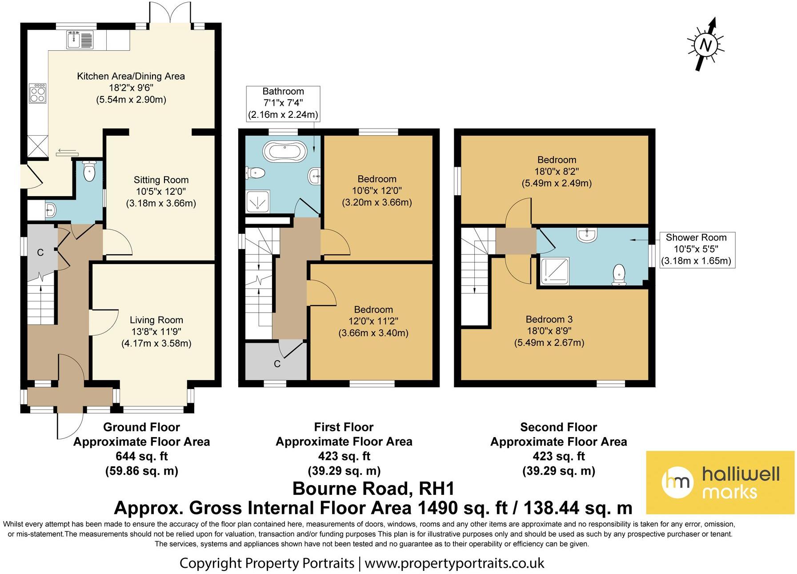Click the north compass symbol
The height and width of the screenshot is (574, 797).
point(706,44)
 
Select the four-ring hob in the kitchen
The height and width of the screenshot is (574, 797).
point(38,93)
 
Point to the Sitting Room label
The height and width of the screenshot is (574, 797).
point(161,180)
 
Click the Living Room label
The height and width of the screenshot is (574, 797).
point(156,320)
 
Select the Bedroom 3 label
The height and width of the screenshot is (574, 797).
point(549,319)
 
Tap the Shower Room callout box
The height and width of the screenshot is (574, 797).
point(696,249)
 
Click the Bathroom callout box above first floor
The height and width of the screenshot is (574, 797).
point(283,103)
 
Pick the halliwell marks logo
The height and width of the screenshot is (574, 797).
point(720,482)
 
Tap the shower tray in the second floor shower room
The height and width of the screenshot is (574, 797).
point(554,271)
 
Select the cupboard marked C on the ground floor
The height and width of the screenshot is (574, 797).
point(40,253)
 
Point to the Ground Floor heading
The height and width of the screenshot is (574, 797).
point(141,427)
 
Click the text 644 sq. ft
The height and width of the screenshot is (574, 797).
point(141,456)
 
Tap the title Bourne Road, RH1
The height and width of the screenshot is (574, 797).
point(373,489)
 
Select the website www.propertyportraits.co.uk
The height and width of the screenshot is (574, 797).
point(454,563)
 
